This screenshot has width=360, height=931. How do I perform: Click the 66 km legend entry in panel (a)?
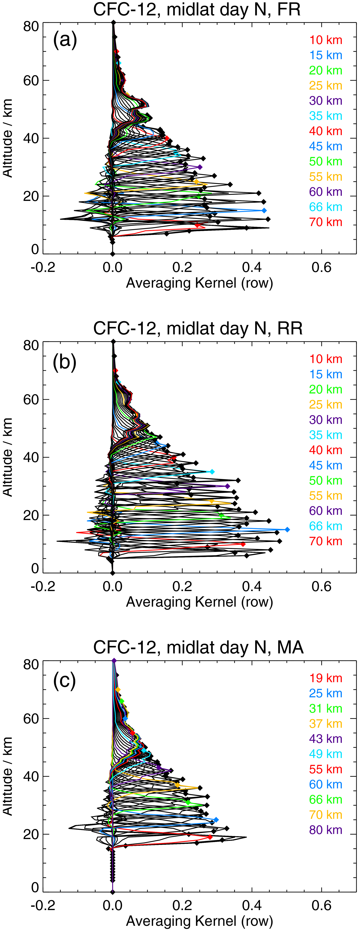pyautogui.click(x=325, y=207)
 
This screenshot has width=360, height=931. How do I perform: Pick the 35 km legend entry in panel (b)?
pyautogui.click(x=325, y=435)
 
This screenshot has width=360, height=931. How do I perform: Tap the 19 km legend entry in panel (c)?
pyautogui.click(x=325, y=678)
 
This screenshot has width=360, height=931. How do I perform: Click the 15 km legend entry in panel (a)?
pyautogui.click(x=325, y=55)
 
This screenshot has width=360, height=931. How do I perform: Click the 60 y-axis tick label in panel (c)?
pyautogui.click(x=31, y=719)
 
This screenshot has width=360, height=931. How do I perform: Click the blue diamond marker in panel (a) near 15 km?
pyautogui.click(x=264, y=210)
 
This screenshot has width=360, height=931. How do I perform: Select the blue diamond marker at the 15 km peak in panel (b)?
pyautogui.click(x=287, y=529)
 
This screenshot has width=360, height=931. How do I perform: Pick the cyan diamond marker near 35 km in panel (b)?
pyautogui.click(x=212, y=472)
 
